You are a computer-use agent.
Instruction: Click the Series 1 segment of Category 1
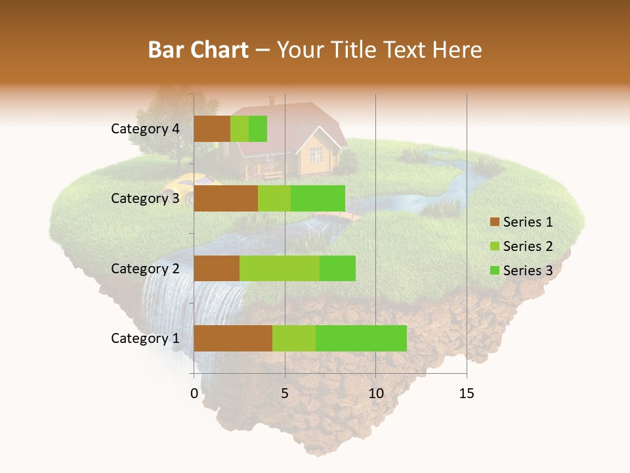point(233,338)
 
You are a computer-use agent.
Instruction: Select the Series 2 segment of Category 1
point(294,338)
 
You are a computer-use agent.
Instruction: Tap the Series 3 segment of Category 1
point(361,338)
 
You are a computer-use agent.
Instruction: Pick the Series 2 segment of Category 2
point(280,268)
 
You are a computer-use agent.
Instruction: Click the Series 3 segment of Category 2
point(337,268)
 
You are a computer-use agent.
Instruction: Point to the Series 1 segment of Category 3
point(226,198)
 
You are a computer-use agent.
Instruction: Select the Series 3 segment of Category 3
point(318,198)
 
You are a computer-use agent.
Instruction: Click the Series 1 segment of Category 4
point(212,129)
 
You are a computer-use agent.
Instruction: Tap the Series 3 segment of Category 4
point(258,129)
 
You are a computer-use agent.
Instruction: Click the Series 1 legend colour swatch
point(494,223)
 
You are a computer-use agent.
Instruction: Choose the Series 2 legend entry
point(521,246)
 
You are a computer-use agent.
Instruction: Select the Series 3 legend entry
point(521,271)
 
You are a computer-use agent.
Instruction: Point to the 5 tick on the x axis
point(285,394)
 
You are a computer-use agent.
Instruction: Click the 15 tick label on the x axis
point(466,394)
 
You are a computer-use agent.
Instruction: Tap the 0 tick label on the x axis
point(194,394)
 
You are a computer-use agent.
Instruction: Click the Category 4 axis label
point(145,129)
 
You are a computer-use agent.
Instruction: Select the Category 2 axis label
point(145,268)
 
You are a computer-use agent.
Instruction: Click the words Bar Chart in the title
point(198,49)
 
